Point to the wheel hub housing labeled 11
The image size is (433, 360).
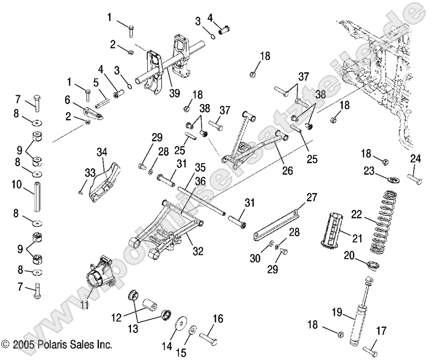click(99, 278)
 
